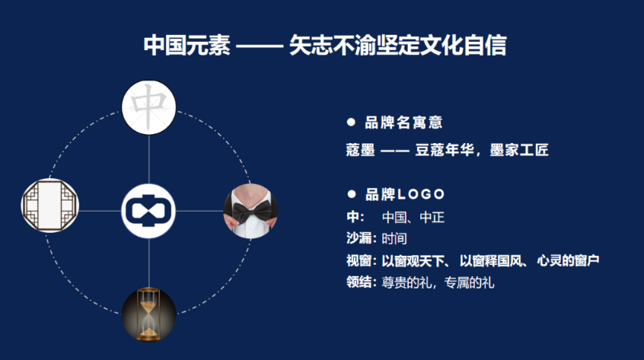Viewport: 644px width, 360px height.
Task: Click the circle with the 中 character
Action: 148,107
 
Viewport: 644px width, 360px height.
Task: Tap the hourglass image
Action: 148,314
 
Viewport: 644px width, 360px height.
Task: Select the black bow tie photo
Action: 250,211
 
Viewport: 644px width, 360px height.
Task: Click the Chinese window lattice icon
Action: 50,205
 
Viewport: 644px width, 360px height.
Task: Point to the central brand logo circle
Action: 148,211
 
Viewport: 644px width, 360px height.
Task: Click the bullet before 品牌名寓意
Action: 351,122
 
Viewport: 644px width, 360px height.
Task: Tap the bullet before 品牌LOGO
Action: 352,194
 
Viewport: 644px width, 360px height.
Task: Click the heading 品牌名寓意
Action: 403,123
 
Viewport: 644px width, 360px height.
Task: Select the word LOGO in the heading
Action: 422,194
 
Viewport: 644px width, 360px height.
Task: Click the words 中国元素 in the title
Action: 187,45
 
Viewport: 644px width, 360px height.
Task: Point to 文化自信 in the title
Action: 464,45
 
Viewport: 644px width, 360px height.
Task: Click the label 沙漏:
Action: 362,238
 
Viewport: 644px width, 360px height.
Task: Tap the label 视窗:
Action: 362,260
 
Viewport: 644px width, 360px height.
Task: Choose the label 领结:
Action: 362,282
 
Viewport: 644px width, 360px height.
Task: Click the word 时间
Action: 394,238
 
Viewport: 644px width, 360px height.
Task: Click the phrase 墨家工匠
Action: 519,150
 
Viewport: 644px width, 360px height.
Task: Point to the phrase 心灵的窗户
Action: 568,260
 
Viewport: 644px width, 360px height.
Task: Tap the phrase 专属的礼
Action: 469,282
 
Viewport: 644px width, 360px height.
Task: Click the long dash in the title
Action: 260,46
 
